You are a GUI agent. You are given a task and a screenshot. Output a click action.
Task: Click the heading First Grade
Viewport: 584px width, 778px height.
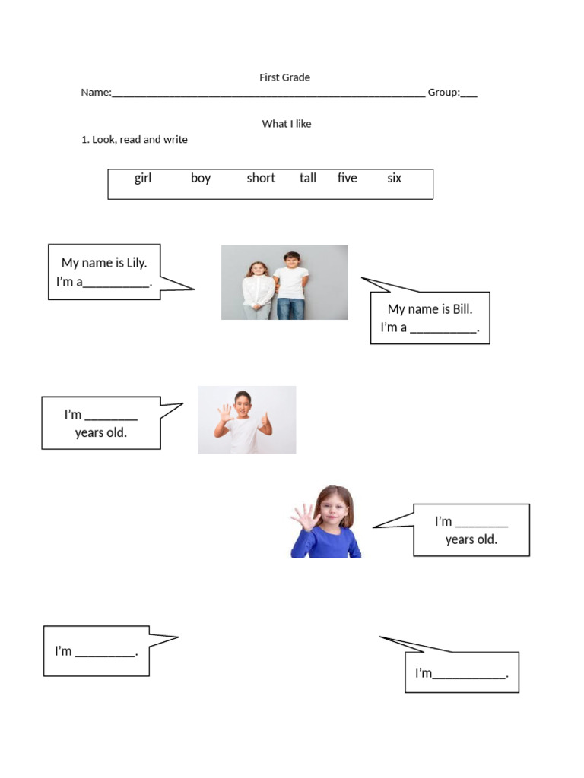click(284, 77)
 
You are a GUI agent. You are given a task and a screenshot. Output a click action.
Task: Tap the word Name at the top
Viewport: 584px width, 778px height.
click(95, 93)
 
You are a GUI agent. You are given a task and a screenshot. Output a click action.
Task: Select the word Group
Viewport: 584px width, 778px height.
click(443, 93)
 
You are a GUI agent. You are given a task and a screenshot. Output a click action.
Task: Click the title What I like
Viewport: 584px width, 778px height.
click(286, 124)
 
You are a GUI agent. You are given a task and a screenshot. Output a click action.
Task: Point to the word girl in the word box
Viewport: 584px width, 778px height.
click(143, 179)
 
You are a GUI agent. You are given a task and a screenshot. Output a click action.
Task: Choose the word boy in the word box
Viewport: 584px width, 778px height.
click(201, 179)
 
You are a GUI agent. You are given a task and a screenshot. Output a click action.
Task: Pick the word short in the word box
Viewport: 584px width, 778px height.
click(261, 179)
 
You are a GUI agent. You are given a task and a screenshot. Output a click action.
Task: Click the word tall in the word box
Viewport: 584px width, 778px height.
click(308, 179)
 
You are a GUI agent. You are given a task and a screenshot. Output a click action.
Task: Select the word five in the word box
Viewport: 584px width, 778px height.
click(347, 179)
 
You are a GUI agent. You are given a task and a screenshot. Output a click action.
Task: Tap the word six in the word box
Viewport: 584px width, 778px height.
click(394, 179)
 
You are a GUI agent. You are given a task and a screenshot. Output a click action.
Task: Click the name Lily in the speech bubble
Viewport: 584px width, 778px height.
click(133, 263)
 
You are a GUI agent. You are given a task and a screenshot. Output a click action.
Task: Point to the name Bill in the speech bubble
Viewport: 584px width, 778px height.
click(462, 309)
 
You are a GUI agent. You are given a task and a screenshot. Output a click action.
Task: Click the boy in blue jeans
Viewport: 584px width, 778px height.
click(291, 285)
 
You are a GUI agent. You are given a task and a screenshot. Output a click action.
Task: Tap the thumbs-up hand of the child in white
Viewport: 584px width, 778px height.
click(265, 422)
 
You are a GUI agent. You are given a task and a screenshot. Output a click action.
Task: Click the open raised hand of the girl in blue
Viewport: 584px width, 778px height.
click(305, 517)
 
